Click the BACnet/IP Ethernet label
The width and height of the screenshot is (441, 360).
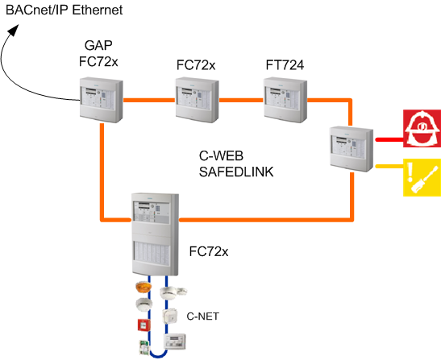pyautogui.click(x=64, y=10)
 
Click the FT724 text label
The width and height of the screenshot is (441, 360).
pyautogui.click(x=285, y=64)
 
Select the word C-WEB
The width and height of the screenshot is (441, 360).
pyautogui.click(x=221, y=155)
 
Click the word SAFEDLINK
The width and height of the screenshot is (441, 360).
pyautogui.click(x=231, y=172)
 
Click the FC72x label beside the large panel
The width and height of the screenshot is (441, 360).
pyautogui.click(x=209, y=252)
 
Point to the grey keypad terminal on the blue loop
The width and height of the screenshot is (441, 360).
pyautogui.click(x=177, y=343)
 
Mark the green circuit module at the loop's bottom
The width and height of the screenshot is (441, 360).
pyautogui.click(x=142, y=347)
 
